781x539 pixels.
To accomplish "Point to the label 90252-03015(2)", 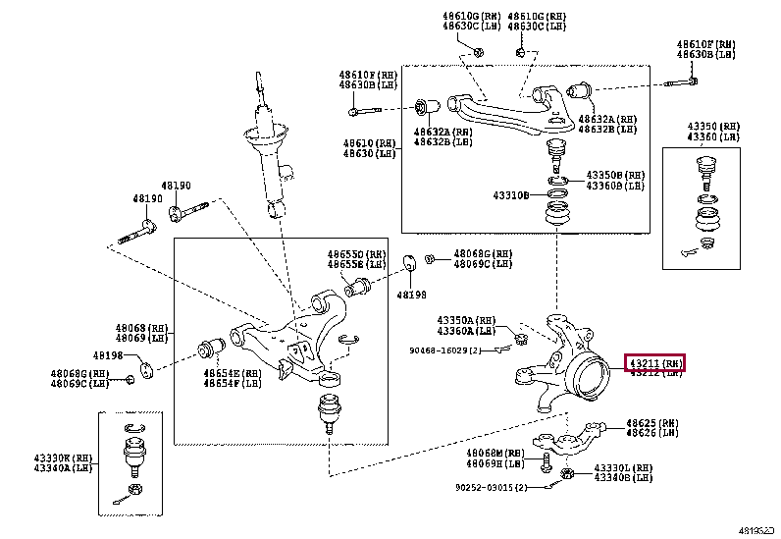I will pyautogui.click(x=491, y=487).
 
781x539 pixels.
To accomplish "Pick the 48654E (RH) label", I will pyautogui.click(x=233, y=373).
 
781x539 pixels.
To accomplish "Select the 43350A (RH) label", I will pyautogui.click(x=467, y=320).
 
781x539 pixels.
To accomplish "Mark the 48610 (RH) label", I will pyautogui.click(x=369, y=143).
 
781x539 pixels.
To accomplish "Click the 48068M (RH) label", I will pyautogui.click(x=489, y=453).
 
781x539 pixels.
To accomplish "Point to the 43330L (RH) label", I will pyautogui.click(x=623, y=467).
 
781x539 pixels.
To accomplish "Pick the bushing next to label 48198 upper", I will pyautogui.click(x=411, y=262).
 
